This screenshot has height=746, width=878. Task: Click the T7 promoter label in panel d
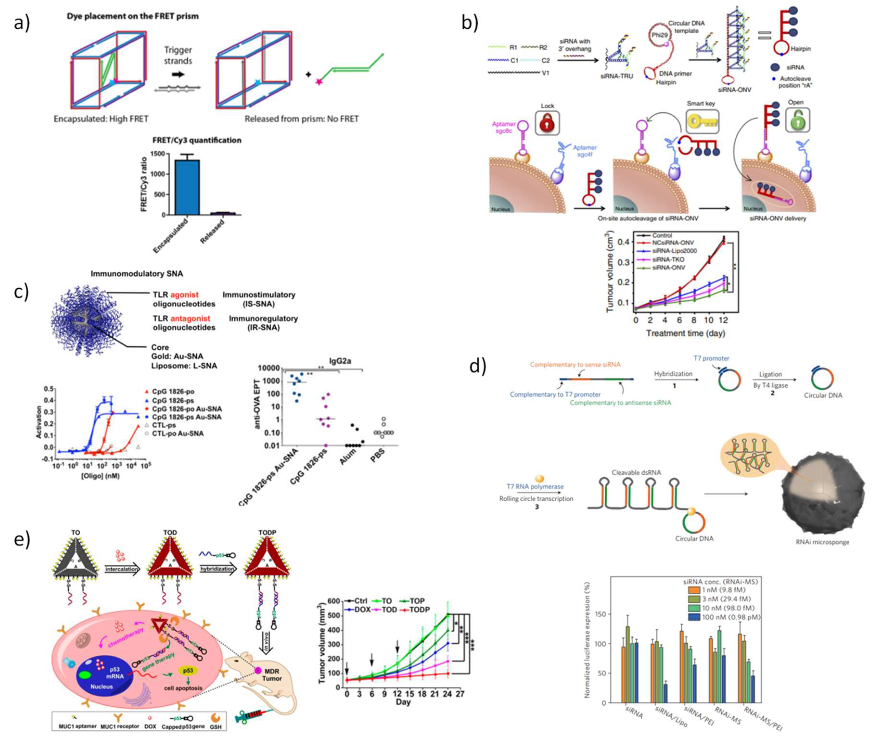(x=711, y=358)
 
